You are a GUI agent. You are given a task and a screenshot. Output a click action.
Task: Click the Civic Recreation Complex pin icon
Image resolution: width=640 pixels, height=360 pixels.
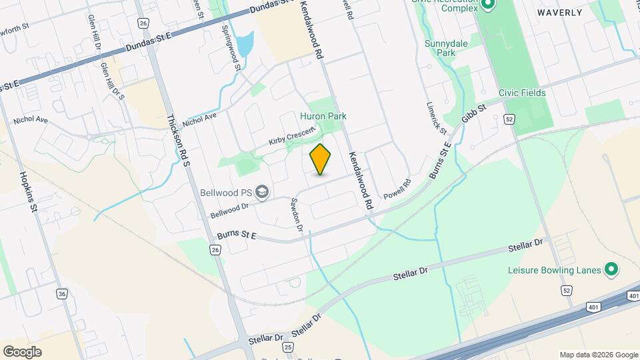click(489, 6)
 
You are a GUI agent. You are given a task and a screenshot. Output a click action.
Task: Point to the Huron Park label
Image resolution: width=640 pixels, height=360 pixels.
click(328, 116)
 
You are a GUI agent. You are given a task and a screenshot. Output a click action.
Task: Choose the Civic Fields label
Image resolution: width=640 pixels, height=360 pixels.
click(522, 93)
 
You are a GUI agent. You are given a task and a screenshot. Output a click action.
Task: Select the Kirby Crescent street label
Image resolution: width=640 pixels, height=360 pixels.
click(291, 137)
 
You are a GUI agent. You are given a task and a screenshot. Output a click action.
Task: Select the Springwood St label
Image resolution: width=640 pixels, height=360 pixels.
click(230, 48)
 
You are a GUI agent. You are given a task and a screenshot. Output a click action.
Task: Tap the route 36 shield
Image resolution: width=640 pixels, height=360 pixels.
click(62, 293)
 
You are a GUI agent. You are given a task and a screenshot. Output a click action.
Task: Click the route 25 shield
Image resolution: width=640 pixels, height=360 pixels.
click(287, 347)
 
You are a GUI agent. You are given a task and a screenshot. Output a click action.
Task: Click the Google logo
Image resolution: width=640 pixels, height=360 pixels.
click(22, 351)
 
